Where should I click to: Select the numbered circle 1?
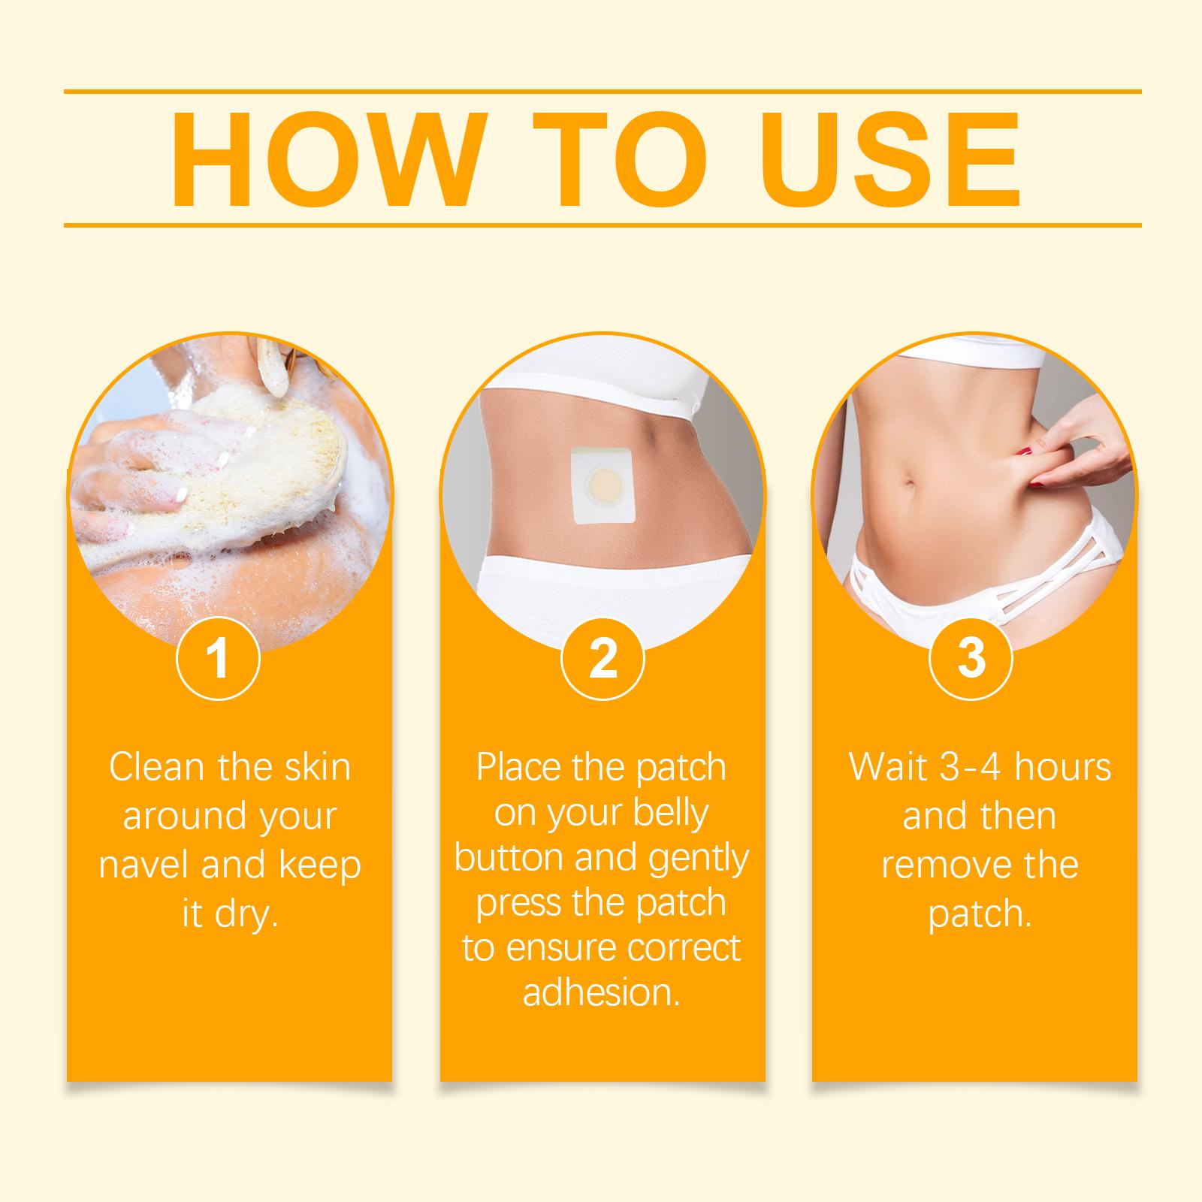point(218,657)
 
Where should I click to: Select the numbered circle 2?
point(603,657)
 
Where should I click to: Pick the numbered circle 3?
point(971,657)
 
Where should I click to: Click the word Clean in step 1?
point(157,767)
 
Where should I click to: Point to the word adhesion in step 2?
point(602,992)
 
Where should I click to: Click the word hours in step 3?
point(1062,767)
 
